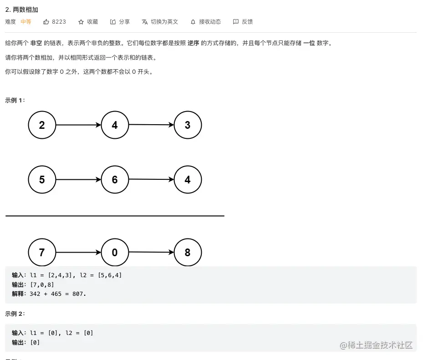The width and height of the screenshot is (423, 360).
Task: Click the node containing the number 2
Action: click(x=42, y=125)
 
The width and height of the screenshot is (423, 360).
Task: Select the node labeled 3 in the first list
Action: click(x=188, y=125)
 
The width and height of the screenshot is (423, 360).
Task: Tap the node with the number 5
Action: click(x=42, y=180)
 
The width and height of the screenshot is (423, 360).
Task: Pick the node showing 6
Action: click(x=115, y=180)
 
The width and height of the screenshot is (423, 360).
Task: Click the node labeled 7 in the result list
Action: click(x=42, y=253)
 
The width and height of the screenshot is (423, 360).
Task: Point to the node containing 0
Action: click(x=115, y=253)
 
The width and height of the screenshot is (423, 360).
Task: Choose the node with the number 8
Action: click(x=188, y=253)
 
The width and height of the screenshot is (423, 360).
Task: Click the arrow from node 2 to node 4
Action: click(x=78, y=125)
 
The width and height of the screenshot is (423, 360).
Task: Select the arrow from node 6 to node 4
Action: click(x=151, y=180)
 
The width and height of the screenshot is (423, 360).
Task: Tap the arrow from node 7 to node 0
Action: click(x=78, y=253)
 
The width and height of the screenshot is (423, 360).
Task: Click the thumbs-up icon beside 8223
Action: click(x=46, y=22)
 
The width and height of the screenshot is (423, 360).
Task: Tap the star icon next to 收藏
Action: click(x=81, y=22)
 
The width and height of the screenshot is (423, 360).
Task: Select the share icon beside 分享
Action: click(x=113, y=22)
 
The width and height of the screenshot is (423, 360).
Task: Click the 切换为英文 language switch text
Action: click(x=164, y=22)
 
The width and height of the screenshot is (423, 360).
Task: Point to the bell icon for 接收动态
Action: click(x=193, y=22)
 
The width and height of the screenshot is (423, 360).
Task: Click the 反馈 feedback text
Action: click(x=247, y=22)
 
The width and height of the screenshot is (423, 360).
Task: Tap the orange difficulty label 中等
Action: click(x=26, y=22)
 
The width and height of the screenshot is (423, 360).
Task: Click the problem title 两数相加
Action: click(x=25, y=10)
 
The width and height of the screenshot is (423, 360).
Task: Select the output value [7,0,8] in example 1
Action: click(x=42, y=284)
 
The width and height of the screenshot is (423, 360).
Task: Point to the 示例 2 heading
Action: click(x=15, y=314)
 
